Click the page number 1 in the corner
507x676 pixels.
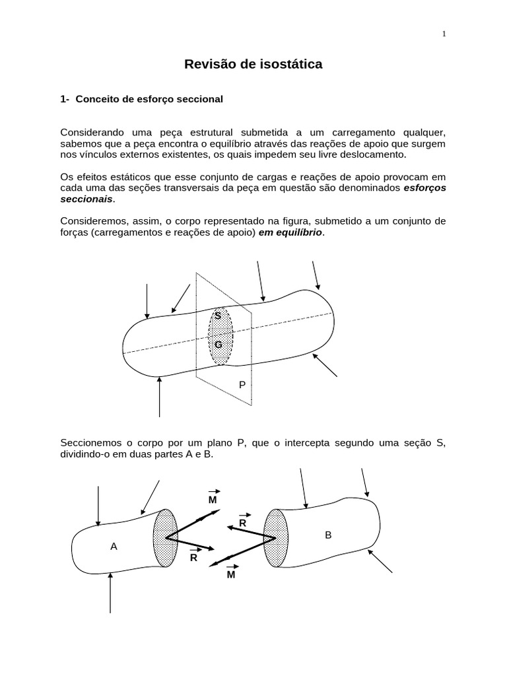click(444, 34)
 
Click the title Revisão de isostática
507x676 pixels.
click(253, 65)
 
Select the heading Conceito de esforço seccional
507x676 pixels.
click(149, 99)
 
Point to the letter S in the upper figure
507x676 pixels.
click(218, 316)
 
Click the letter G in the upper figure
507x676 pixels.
click(218, 345)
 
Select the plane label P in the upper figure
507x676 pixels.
click(242, 384)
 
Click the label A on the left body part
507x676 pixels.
click(114, 547)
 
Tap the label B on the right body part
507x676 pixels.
click(328, 535)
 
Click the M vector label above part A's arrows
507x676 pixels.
click(213, 500)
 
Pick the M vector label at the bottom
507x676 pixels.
click(231, 575)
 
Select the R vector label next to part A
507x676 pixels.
click(194, 557)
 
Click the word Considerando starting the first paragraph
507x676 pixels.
click(90, 131)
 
